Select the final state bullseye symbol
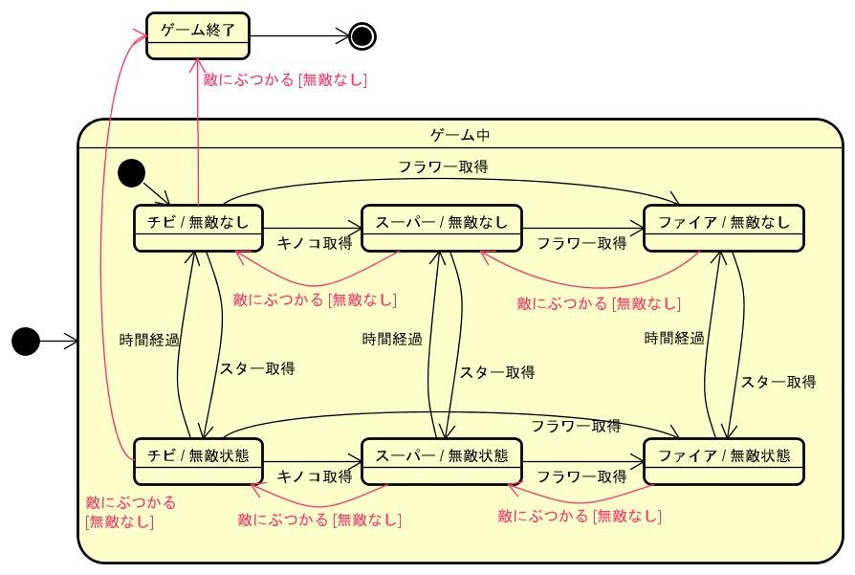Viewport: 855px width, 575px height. [x=362, y=36]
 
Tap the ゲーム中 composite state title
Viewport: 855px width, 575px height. [x=460, y=136]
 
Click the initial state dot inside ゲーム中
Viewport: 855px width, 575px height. [x=130, y=173]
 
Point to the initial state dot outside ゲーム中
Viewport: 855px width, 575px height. [x=26, y=340]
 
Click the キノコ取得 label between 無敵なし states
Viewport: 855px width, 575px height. [x=314, y=244]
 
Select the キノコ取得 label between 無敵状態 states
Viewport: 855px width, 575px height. [x=314, y=476]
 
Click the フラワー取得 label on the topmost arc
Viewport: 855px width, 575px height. [x=443, y=166]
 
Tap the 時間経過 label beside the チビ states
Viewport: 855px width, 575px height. [x=149, y=340]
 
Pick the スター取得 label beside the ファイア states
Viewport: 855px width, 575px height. [x=778, y=382]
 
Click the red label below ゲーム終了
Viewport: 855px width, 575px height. [x=285, y=81]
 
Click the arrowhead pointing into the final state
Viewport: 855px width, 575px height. [x=344, y=36]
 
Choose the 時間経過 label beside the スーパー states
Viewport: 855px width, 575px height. [x=392, y=340]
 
